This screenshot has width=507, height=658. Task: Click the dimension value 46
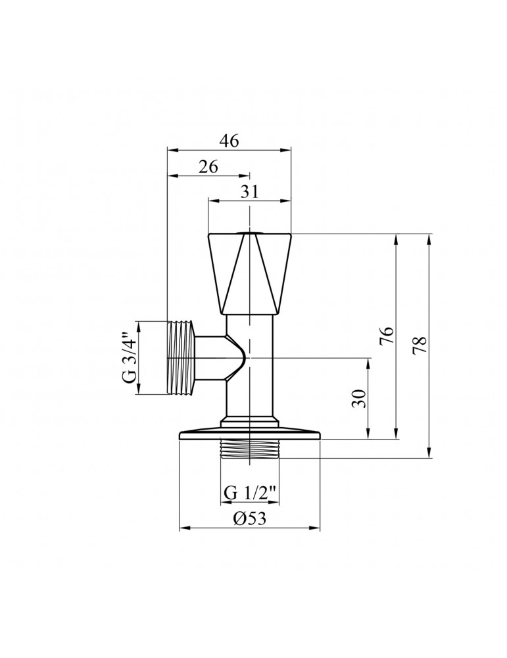coord(229,141)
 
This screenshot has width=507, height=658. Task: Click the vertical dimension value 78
coord(421,345)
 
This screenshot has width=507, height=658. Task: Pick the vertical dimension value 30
coord(360,398)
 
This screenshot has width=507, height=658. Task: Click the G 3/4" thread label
coord(130,357)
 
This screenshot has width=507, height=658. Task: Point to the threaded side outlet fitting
coord(182,358)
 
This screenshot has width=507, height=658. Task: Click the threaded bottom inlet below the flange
coord(249,449)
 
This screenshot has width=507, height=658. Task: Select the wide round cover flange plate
coord(249,434)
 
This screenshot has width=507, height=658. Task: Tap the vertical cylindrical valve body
coord(250,368)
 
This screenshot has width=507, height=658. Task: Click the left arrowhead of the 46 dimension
coord(172,151)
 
